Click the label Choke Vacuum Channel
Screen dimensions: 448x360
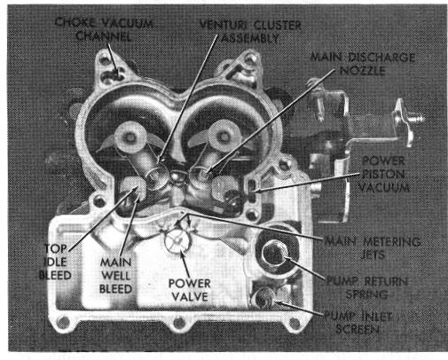[x=104, y=29]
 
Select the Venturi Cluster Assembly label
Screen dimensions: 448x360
[x=250, y=31]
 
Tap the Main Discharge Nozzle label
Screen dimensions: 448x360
[x=363, y=64]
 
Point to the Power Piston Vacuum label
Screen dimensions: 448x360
[x=384, y=174]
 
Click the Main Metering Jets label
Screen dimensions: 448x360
[x=373, y=247]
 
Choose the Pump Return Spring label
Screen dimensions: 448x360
[x=367, y=287]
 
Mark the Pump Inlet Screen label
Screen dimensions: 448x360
[x=358, y=323]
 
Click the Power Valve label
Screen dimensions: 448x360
[x=190, y=290]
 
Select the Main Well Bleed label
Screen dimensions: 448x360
[x=115, y=276]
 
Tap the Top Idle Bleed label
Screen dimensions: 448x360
[x=55, y=262]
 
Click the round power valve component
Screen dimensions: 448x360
[x=177, y=241]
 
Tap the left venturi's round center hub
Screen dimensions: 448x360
[x=130, y=137]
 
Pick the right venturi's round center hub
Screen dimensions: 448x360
[x=224, y=136]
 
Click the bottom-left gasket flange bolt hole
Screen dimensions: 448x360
[x=63, y=322]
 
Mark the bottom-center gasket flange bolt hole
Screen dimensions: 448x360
[x=179, y=322]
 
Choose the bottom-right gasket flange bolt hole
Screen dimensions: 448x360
[x=295, y=322]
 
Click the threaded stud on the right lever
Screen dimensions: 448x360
[x=418, y=120]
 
